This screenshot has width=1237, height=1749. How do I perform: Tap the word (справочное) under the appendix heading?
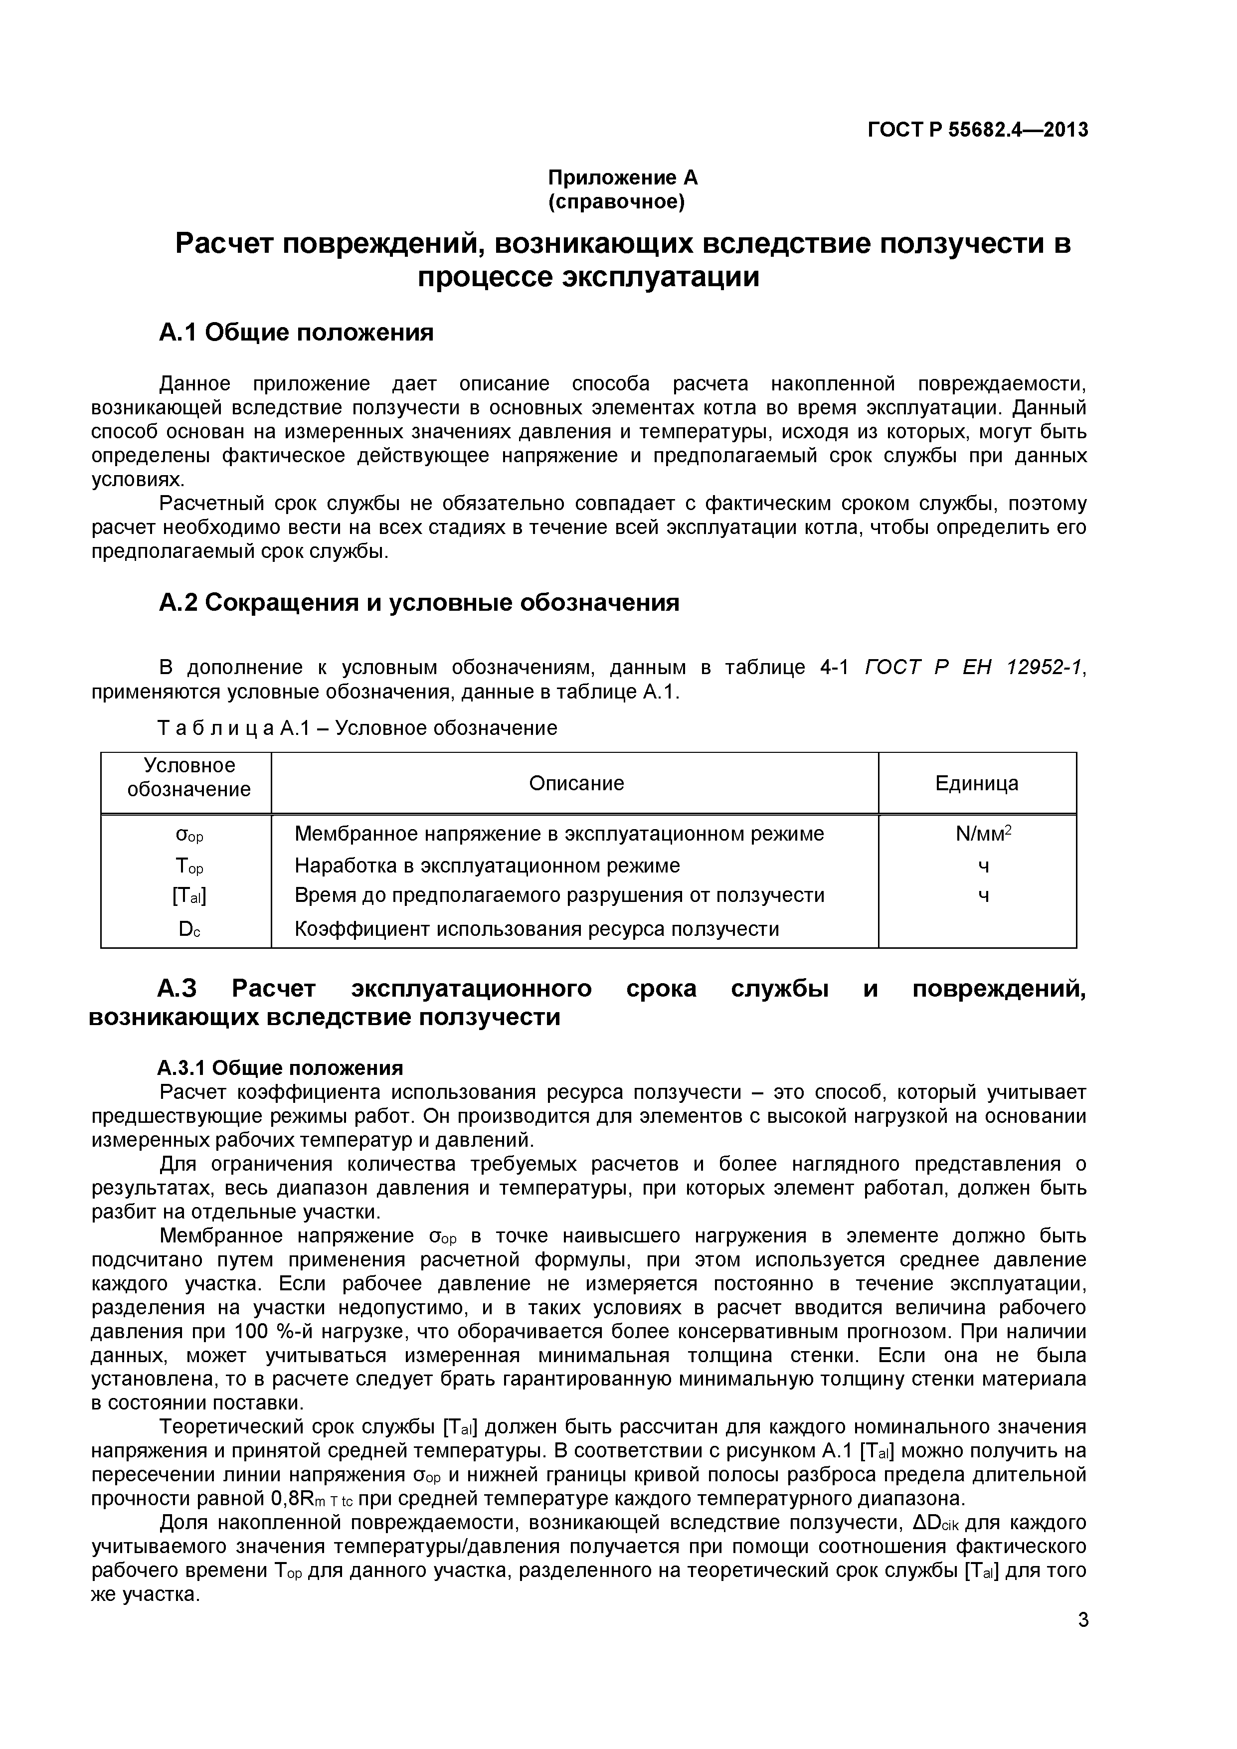617,202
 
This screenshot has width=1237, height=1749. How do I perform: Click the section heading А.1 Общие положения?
296,333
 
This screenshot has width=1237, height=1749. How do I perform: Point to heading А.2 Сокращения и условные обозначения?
419,603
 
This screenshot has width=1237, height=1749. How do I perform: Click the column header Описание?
576,783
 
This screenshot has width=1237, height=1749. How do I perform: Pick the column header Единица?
977,783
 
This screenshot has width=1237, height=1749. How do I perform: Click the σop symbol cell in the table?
189,835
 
